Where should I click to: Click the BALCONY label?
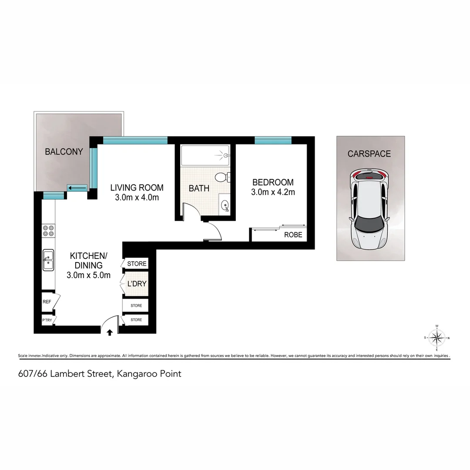(x=64, y=152)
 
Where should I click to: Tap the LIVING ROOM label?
(x=137, y=188)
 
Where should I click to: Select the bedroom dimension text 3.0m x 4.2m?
(x=273, y=192)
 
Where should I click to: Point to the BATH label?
(x=199, y=188)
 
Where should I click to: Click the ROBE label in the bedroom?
(x=293, y=235)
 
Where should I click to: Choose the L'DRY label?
(x=137, y=284)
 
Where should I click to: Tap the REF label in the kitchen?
(x=47, y=301)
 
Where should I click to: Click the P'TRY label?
(x=47, y=320)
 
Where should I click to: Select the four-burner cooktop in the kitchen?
(x=48, y=231)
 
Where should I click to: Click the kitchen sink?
(x=48, y=260)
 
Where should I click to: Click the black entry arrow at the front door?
(x=109, y=332)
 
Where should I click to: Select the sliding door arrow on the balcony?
(x=77, y=188)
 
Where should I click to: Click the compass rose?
(x=436, y=337)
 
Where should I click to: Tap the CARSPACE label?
(x=369, y=154)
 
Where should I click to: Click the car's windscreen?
(x=368, y=225)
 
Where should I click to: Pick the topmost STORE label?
(x=137, y=264)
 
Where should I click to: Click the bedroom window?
(x=273, y=140)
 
